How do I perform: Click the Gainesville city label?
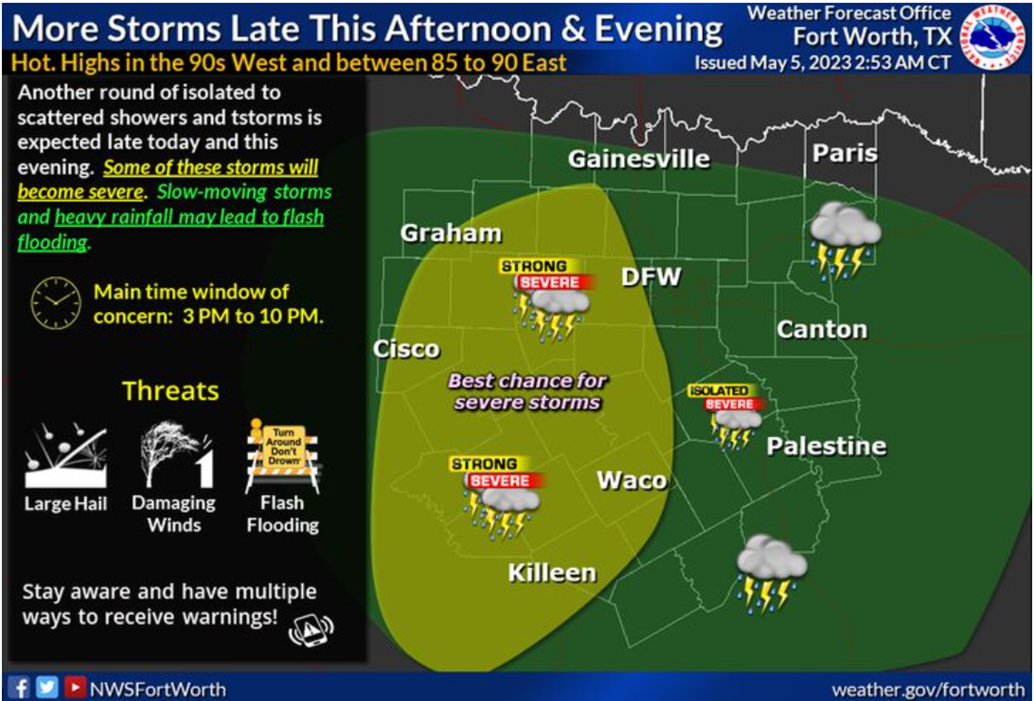(639, 160)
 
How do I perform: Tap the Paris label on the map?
(844, 152)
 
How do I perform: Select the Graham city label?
(451, 233)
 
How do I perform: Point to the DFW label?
(650, 277)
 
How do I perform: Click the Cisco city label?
(406, 349)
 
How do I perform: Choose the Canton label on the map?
(822, 329)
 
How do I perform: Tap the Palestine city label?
(825, 445)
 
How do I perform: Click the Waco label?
(631, 480)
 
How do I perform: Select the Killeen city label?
(551, 572)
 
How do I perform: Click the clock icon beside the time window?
(55, 304)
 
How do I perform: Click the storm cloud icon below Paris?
(844, 238)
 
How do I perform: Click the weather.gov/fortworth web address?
(928, 689)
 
